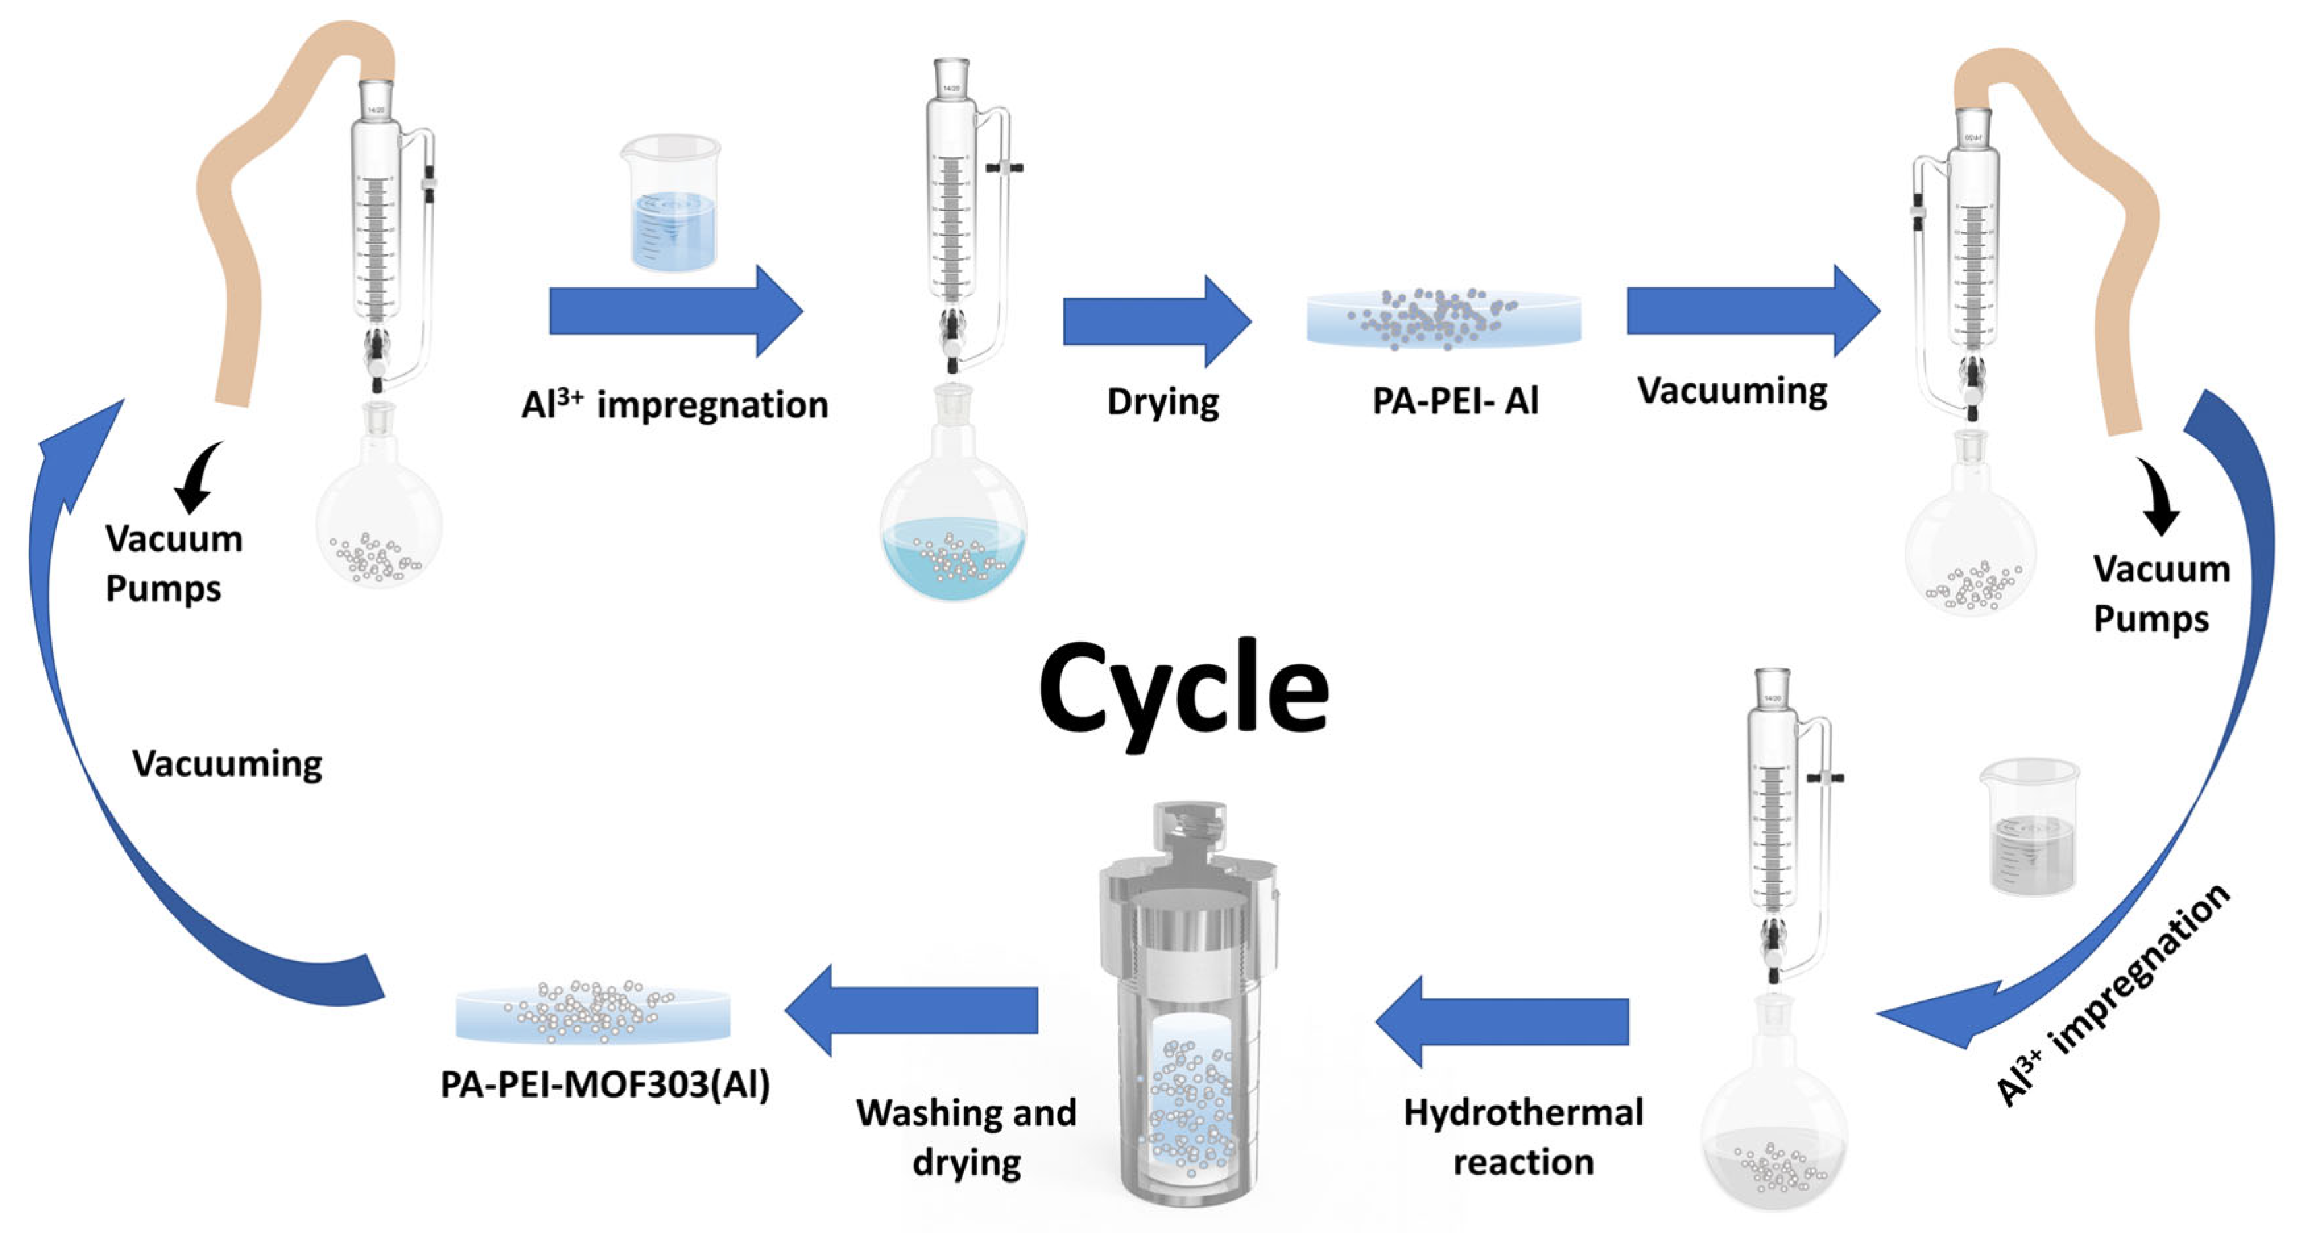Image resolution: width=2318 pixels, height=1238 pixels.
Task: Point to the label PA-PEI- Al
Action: pos(1455,401)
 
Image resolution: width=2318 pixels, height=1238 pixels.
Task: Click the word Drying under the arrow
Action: pos(1163,402)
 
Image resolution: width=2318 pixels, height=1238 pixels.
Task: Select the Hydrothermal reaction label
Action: pos(1522,1137)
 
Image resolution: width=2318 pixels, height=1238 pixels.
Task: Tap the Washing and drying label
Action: pos(966,1137)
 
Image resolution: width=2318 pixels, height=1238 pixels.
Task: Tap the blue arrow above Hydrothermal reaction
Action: pos(1503,1021)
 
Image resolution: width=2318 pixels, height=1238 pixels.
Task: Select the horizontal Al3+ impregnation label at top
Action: pos(674,404)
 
